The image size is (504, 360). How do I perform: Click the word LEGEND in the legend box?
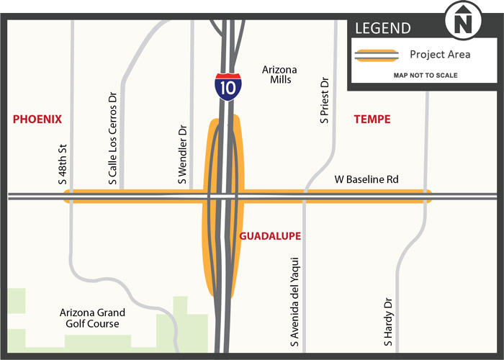click(x=382, y=29)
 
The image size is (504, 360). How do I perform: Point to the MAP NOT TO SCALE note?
click(x=426, y=75)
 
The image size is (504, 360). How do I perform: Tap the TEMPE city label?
click(x=372, y=120)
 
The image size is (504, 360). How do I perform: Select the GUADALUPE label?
click(x=269, y=236)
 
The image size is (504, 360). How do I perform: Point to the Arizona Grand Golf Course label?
click(x=93, y=318)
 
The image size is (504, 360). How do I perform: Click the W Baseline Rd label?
click(x=366, y=179)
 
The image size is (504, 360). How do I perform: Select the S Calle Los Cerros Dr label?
click(x=112, y=138)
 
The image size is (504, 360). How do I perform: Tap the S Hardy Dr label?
click(x=388, y=320)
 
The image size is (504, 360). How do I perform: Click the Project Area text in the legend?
click(x=440, y=55)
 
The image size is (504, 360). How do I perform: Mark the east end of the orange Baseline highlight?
click(x=429, y=196)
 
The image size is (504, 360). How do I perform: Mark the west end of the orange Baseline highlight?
click(x=67, y=196)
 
